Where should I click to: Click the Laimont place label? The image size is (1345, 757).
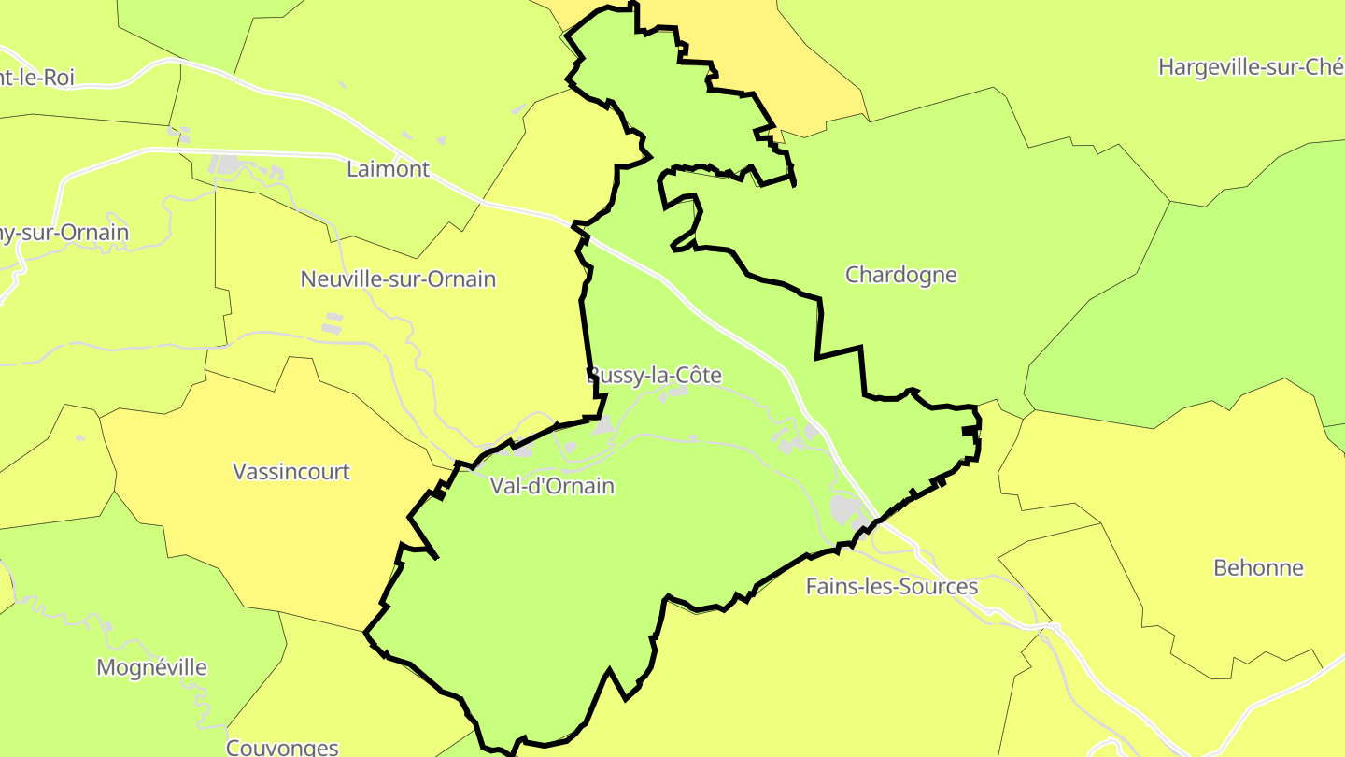coord(388,169)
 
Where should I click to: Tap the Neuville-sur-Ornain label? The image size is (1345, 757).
coord(398,279)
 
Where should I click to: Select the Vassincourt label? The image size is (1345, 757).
coord(291,471)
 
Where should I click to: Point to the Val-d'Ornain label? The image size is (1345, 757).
coord(552,486)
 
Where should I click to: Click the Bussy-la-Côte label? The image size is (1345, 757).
coord(655,376)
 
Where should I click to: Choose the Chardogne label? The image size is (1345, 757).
coord(901,275)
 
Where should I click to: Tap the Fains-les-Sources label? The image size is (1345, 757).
coord(892,587)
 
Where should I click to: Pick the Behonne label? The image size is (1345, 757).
coord(1258,567)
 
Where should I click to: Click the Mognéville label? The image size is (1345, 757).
coord(151,667)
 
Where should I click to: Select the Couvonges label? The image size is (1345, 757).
coord(282,747)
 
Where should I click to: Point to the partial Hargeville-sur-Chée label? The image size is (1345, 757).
coord(1250,67)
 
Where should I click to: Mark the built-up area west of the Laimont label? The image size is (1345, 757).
coord(227,165)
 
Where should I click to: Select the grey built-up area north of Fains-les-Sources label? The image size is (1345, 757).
coord(847,509)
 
